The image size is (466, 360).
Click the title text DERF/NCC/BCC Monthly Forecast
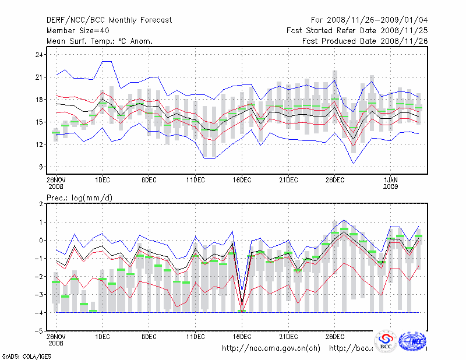tap(109, 20)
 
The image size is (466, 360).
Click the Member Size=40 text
tap(77, 31)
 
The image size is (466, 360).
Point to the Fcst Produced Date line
tap(365, 41)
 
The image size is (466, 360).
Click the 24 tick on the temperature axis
tap(39, 55)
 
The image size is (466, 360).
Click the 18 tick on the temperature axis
tap(39, 100)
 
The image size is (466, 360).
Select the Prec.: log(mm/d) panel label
tap(79, 199)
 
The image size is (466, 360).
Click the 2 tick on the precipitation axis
tap(41, 204)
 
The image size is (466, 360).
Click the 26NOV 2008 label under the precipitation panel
tap(55, 340)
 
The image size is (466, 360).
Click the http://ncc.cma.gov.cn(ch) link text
tap(271, 348)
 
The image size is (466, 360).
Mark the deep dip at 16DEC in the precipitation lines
tap(242, 306)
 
